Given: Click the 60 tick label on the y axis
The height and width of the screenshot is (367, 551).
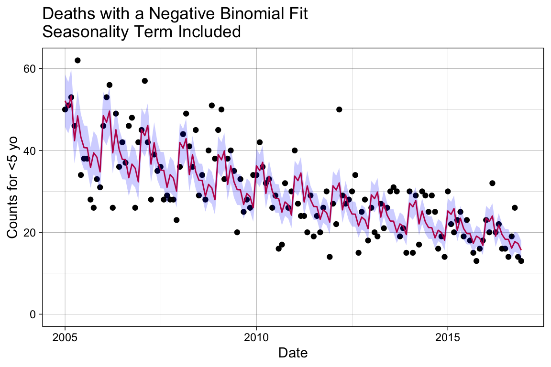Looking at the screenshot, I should (30, 69).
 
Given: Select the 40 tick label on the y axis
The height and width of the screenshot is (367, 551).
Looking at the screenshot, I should (30, 151).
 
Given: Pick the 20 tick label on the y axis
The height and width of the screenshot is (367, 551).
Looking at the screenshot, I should (30, 232).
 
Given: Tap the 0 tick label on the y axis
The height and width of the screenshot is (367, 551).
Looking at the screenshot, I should (33, 314).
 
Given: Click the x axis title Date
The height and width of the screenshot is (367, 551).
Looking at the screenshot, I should (292, 354).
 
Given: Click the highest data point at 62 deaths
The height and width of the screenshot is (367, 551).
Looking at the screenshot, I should (77, 60).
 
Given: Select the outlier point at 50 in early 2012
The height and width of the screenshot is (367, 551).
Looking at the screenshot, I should (339, 109).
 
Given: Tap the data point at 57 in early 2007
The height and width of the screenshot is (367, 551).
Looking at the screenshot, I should (144, 81).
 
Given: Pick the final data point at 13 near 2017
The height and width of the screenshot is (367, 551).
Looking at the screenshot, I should (521, 261).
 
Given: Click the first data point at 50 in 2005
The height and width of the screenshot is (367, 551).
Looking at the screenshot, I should (65, 109).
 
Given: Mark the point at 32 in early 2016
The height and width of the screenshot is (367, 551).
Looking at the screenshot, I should (492, 183).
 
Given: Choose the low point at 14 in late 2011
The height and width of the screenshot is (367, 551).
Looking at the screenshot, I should (330, 257).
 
